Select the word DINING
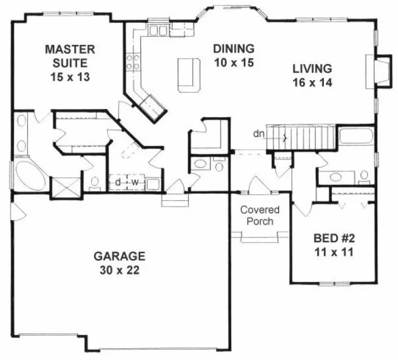click(x=233, y=47)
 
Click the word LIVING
click(x=312, y=69)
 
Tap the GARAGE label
click(x=119, y=255)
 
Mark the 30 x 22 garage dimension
click(x=119, y=270)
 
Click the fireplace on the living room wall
click(x=382, y=70)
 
